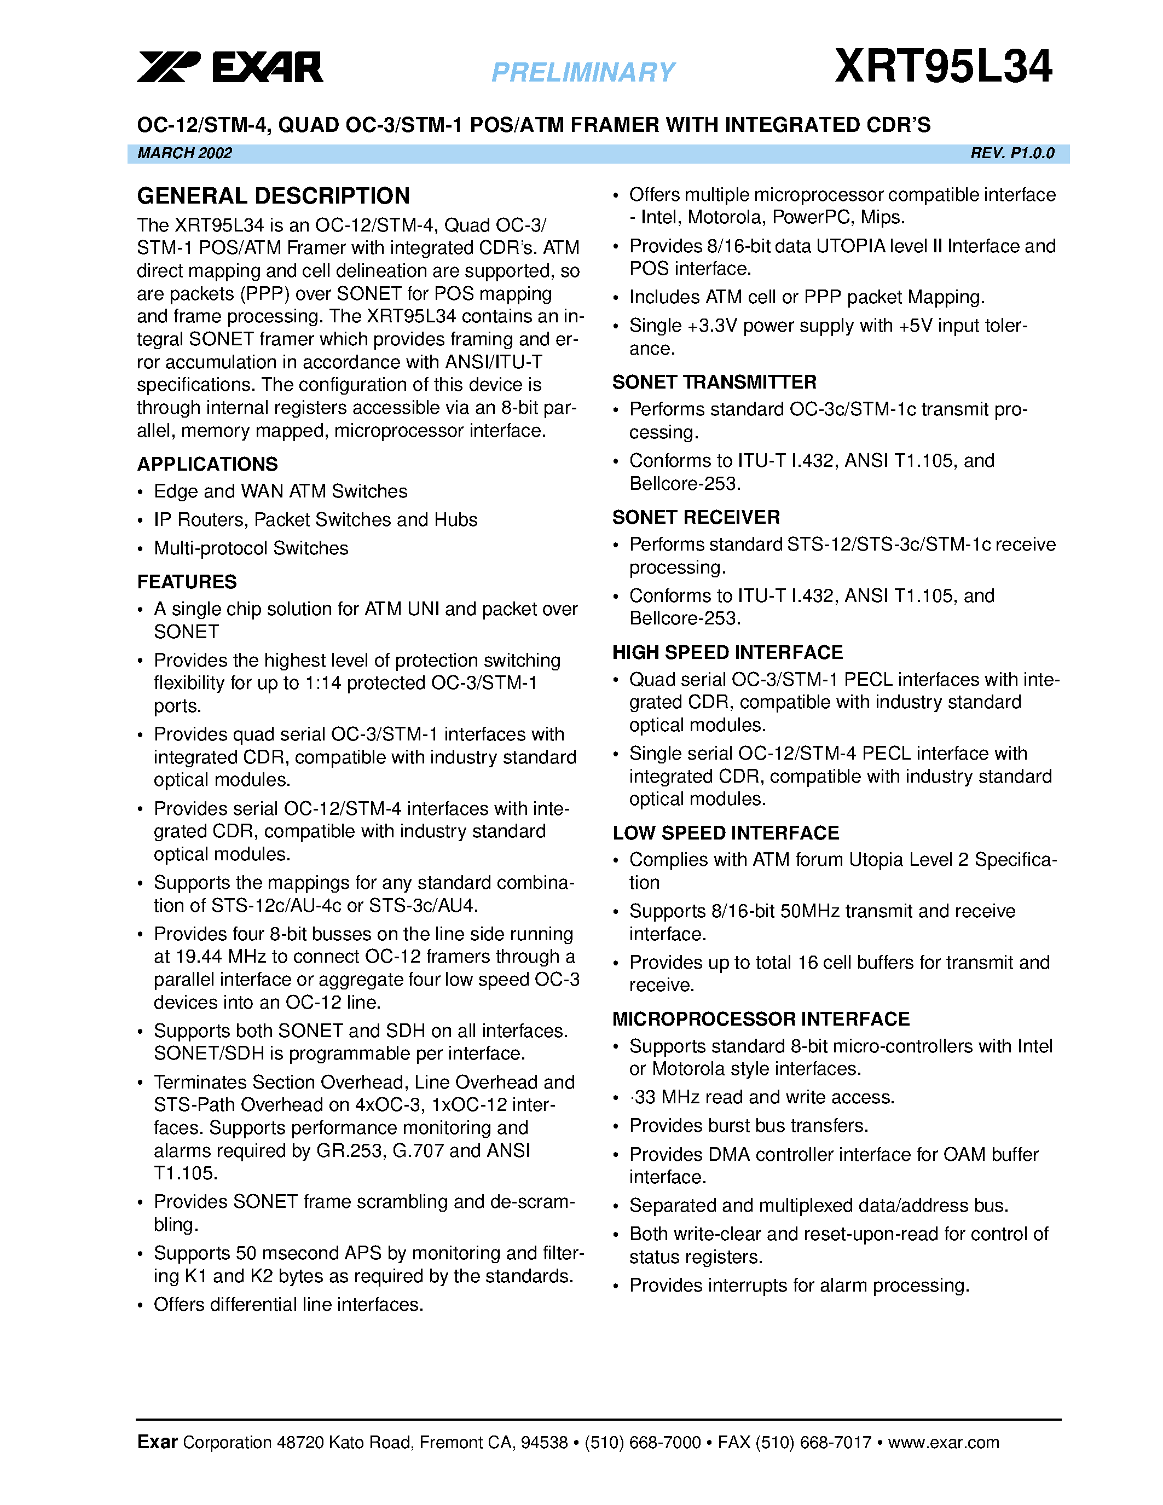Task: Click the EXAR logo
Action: click(x=229, y=67)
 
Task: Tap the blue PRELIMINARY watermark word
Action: click(x=583, y=72)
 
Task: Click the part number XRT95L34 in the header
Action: click(x=943, y=67)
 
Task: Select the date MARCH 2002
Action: click(x=184, y=153)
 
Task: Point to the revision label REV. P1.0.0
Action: click(x=1012, y=153)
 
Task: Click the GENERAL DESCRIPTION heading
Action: click(x=273, y=196)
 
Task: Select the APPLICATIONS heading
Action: click(x=207, y=464)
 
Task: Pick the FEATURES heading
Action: click(x=187, y=582)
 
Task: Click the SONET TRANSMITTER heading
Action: click(x=714, y=382)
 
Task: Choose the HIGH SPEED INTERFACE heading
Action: click(x=727, y=652)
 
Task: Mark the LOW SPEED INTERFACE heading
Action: click(x=726, y=832)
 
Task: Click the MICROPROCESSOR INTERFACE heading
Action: click(x=761, y=1018)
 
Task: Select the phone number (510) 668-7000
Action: click(x=642, y=1442)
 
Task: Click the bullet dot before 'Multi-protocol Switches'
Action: click(x=140, y=549)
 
